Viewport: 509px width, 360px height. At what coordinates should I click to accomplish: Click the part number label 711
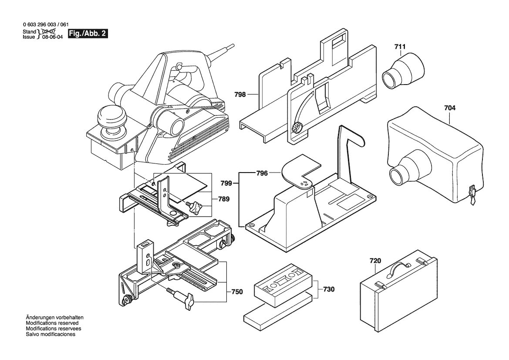coord(400,47)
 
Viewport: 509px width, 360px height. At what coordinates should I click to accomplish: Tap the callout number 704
coord(450,108)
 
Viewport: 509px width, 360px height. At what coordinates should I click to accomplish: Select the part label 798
coord(240,95)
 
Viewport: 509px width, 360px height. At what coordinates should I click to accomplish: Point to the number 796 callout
coord(262,173)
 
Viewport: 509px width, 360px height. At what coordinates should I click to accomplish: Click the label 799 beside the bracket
coord(226,183)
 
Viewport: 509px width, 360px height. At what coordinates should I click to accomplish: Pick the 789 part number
coord(224,199)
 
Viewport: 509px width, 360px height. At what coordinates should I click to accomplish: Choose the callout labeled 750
coord(237,292)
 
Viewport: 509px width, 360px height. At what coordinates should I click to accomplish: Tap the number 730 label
coord(328,289)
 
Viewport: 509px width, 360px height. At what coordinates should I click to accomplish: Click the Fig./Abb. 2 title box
coord(88,34)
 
